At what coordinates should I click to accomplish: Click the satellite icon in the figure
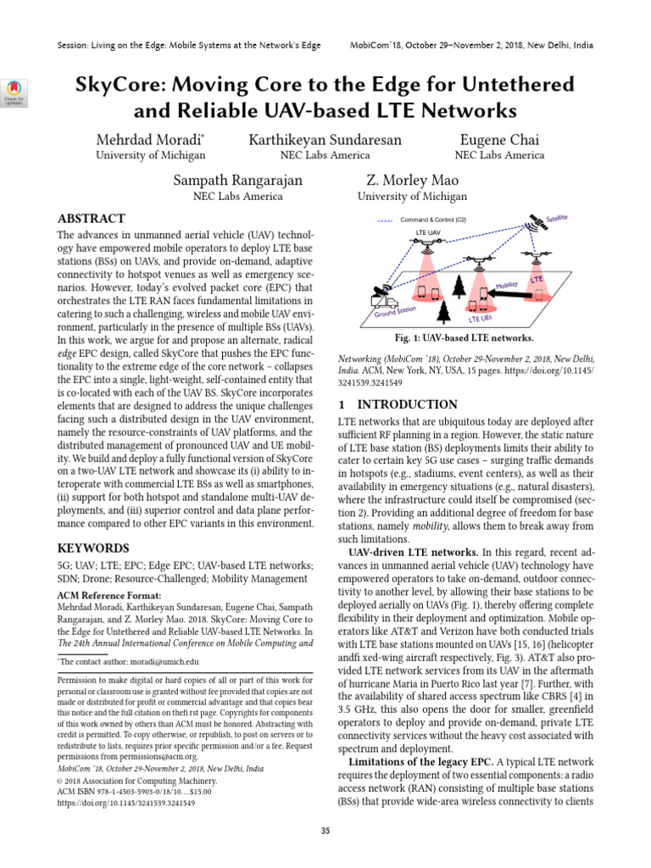[534, 226]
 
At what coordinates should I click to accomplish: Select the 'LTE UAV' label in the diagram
[428, 231]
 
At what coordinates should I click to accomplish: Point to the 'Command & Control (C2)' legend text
[432, 220]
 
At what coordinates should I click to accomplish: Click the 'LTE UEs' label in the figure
[481, 318]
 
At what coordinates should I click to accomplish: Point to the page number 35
[325, 831]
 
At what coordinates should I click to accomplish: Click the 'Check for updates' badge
[14, 92]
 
